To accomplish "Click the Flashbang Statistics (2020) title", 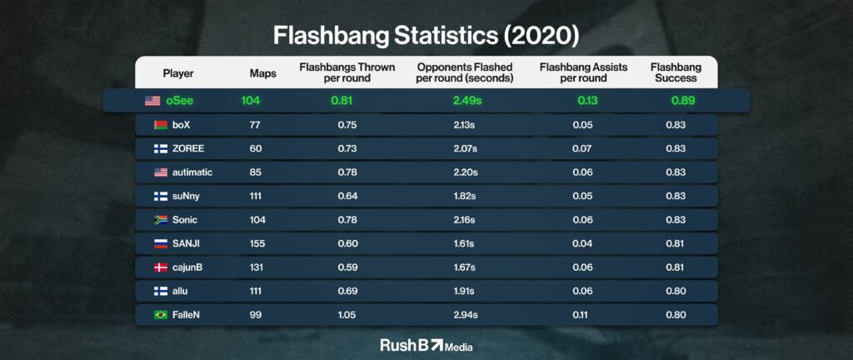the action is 426,35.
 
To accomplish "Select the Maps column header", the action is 262,73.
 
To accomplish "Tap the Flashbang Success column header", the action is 676,72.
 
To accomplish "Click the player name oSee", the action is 180,101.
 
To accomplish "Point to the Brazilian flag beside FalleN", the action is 161,315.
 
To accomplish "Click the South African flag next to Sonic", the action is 161,220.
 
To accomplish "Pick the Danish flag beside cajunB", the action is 161,267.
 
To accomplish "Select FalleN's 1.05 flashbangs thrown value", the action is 347,315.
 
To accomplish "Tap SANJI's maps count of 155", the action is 257,243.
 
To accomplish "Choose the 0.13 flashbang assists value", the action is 587,101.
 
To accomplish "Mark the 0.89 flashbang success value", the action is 683,101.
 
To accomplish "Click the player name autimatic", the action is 192,172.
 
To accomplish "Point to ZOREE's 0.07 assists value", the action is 582,148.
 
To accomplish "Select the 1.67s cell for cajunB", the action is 465,267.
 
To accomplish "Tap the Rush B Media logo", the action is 426,345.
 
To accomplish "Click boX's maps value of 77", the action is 255,124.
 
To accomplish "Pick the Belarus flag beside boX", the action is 161,124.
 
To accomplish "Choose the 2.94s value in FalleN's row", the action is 466,315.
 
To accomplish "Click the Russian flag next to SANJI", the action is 161,243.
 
